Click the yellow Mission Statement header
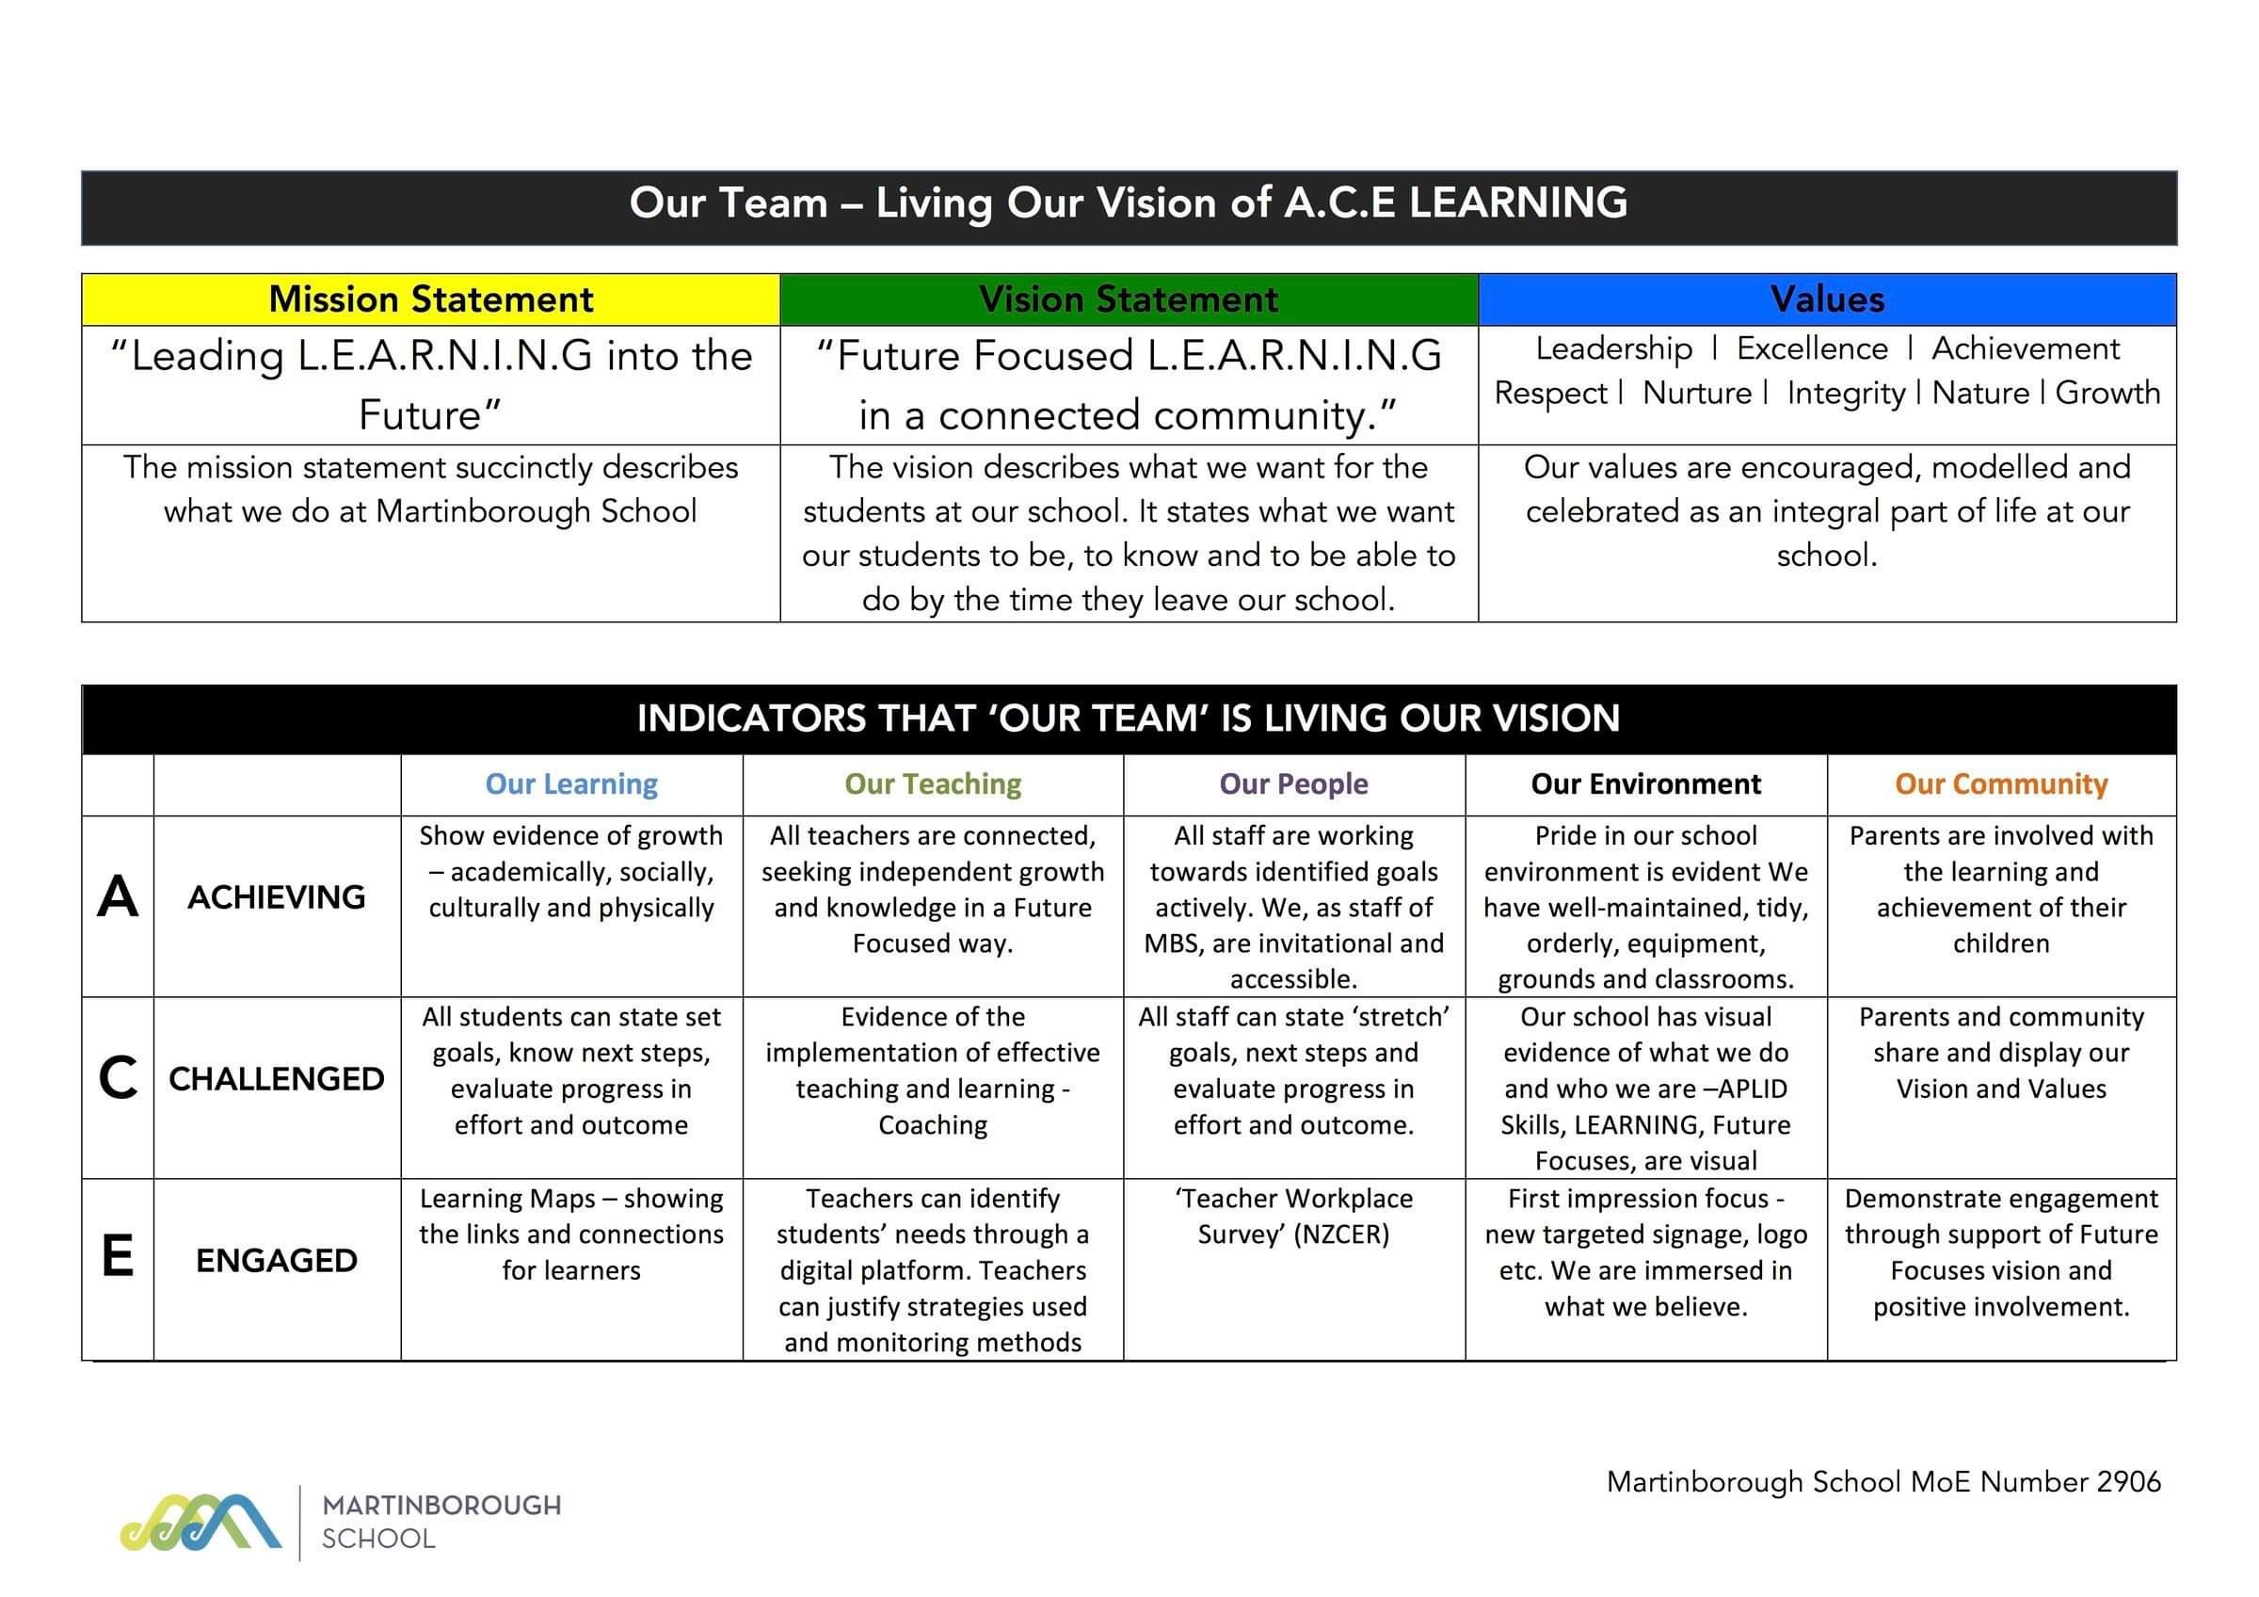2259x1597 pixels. [x=431, y=299]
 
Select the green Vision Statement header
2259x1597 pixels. [x=1129, y=299]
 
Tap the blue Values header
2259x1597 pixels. [x=1827, y=299]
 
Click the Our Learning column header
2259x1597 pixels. [x=571, y=784]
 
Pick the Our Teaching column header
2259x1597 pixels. [x=933, y=784]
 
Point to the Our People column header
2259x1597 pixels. [x=1294, y=784]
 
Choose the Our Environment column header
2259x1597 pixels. [x=1646, y=784]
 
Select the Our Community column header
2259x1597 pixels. [x=2001, y=784]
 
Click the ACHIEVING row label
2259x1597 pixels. [x=277, y=897]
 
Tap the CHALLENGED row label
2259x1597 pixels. [x=277, y=1079]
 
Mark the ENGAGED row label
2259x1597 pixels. [x=277, y=1261]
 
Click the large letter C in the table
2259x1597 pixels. [x=118, y=1078]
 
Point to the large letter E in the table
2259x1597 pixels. [x=118, y=1256]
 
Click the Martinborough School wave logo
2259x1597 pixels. [x=201, y=1523]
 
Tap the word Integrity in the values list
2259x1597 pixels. [x=1846, y=394]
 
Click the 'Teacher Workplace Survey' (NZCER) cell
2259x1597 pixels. [x=1294, y=1217]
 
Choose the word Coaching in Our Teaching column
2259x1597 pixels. [x=933, y=1124]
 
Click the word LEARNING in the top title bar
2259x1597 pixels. [x=1518, y=202]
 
